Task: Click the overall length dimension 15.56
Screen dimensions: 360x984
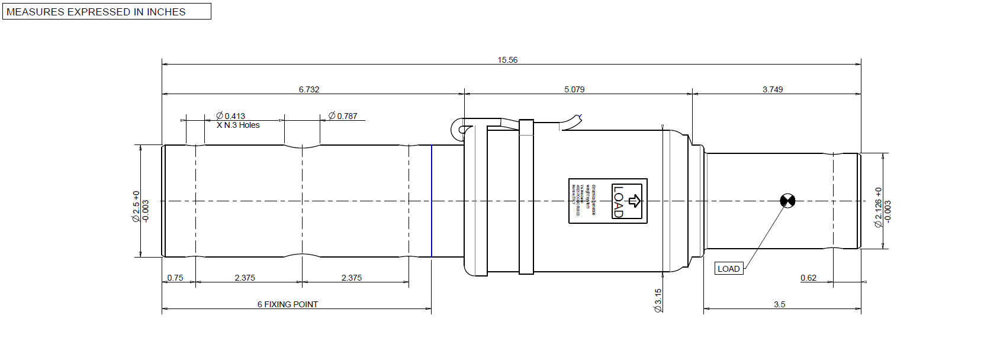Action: [507, 60]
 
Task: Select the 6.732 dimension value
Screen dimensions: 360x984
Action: [308, 89]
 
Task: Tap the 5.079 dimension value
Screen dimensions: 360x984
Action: [574, 89]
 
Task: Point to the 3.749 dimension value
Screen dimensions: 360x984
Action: [772, 89]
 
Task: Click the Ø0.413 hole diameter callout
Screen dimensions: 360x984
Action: [230, 116]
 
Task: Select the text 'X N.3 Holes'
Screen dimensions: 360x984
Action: [238, 125]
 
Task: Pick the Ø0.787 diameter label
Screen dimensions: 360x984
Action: [343, 116]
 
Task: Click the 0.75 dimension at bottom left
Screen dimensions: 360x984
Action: [175, 278]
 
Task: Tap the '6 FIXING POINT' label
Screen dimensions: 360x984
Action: [287, 304]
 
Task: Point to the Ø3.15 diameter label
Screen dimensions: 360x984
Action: [658, 300]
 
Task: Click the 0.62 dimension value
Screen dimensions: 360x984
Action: [808, 278]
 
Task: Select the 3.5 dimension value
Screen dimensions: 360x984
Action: [779, 304]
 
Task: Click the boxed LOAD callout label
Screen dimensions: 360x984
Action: [728, 269]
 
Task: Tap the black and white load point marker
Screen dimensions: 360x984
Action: [787, 201]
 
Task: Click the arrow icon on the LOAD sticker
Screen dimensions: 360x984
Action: [634, 201]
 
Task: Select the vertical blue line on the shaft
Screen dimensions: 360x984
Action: [432, 201]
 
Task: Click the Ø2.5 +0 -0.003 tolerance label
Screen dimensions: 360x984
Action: [140, 207]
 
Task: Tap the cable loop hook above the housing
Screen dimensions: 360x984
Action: [458, 128]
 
